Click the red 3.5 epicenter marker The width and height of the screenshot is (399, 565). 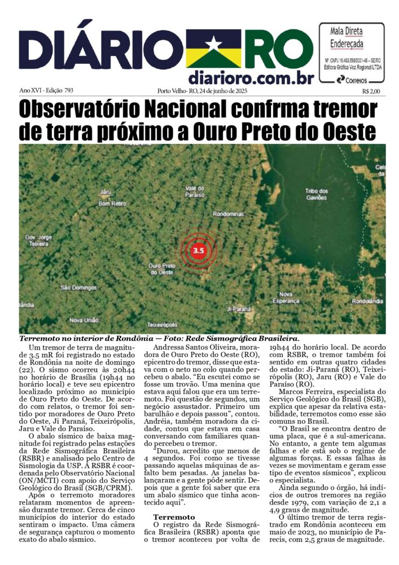[198, 250]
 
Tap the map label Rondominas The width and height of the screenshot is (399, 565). [227, 214]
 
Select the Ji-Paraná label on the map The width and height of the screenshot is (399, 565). [238, 309]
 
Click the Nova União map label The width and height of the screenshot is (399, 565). [83, 320]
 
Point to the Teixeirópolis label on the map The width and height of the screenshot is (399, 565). [162, 325]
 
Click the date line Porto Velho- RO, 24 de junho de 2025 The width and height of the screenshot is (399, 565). [202, 90]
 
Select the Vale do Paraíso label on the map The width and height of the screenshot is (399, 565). [194, 191]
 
